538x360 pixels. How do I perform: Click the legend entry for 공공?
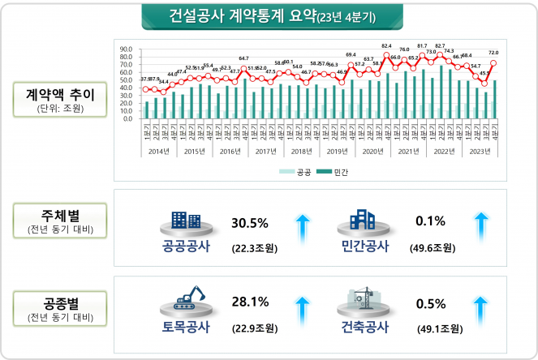(298, 173)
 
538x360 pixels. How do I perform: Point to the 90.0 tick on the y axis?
(126, 49)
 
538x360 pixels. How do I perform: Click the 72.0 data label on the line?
(493, 53)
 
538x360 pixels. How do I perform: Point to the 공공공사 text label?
(187, 246)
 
